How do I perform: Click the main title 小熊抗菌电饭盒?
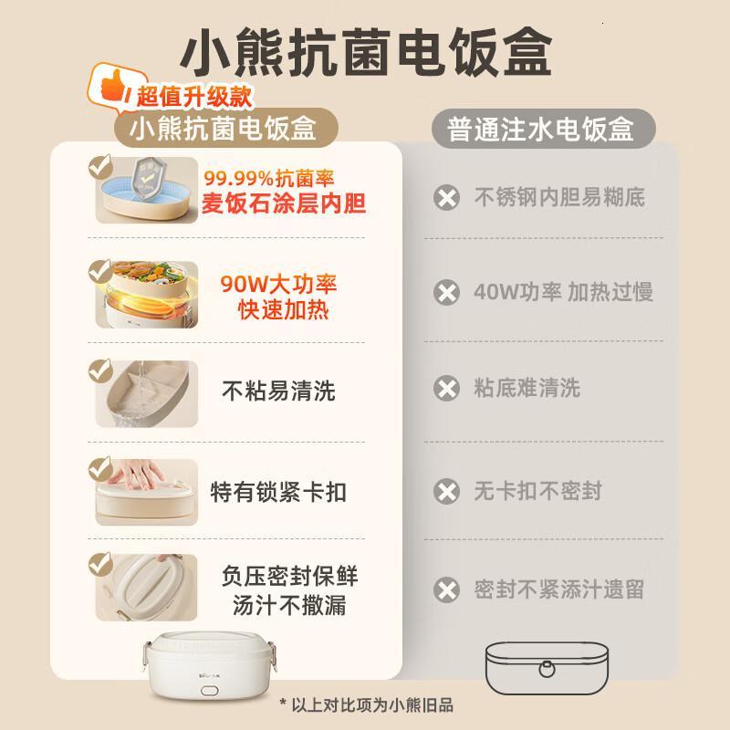(365, 52)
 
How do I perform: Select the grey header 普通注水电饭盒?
(541, 130)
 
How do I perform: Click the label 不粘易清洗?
(278, 391)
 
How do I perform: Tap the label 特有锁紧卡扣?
(278, 493)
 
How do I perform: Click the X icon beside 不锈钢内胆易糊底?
(447, 197)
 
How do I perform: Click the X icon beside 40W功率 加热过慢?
(447, 293)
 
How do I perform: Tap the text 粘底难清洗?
(527, 389)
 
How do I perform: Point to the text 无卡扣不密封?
(538, 491)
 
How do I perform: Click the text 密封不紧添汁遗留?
(558, 589)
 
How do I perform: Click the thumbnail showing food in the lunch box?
(146, 294)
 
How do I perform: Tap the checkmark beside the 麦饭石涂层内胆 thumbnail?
(99, 168)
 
